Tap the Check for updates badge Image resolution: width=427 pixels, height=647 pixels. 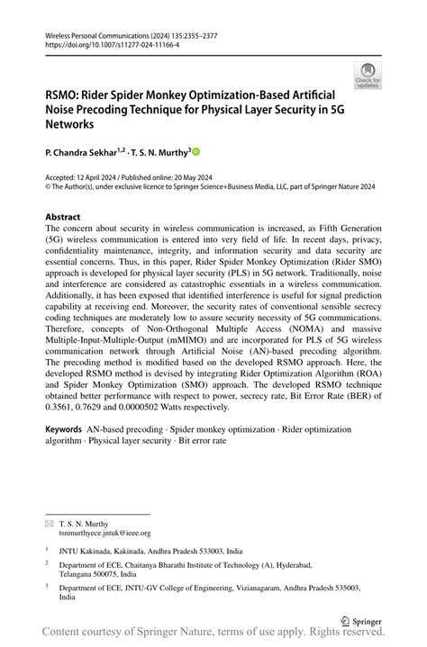click(x=368, y=76)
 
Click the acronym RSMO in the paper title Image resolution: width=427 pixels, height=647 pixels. click(x=64, y=94)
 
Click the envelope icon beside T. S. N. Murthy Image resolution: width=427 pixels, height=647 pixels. click(x=50, y=523)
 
